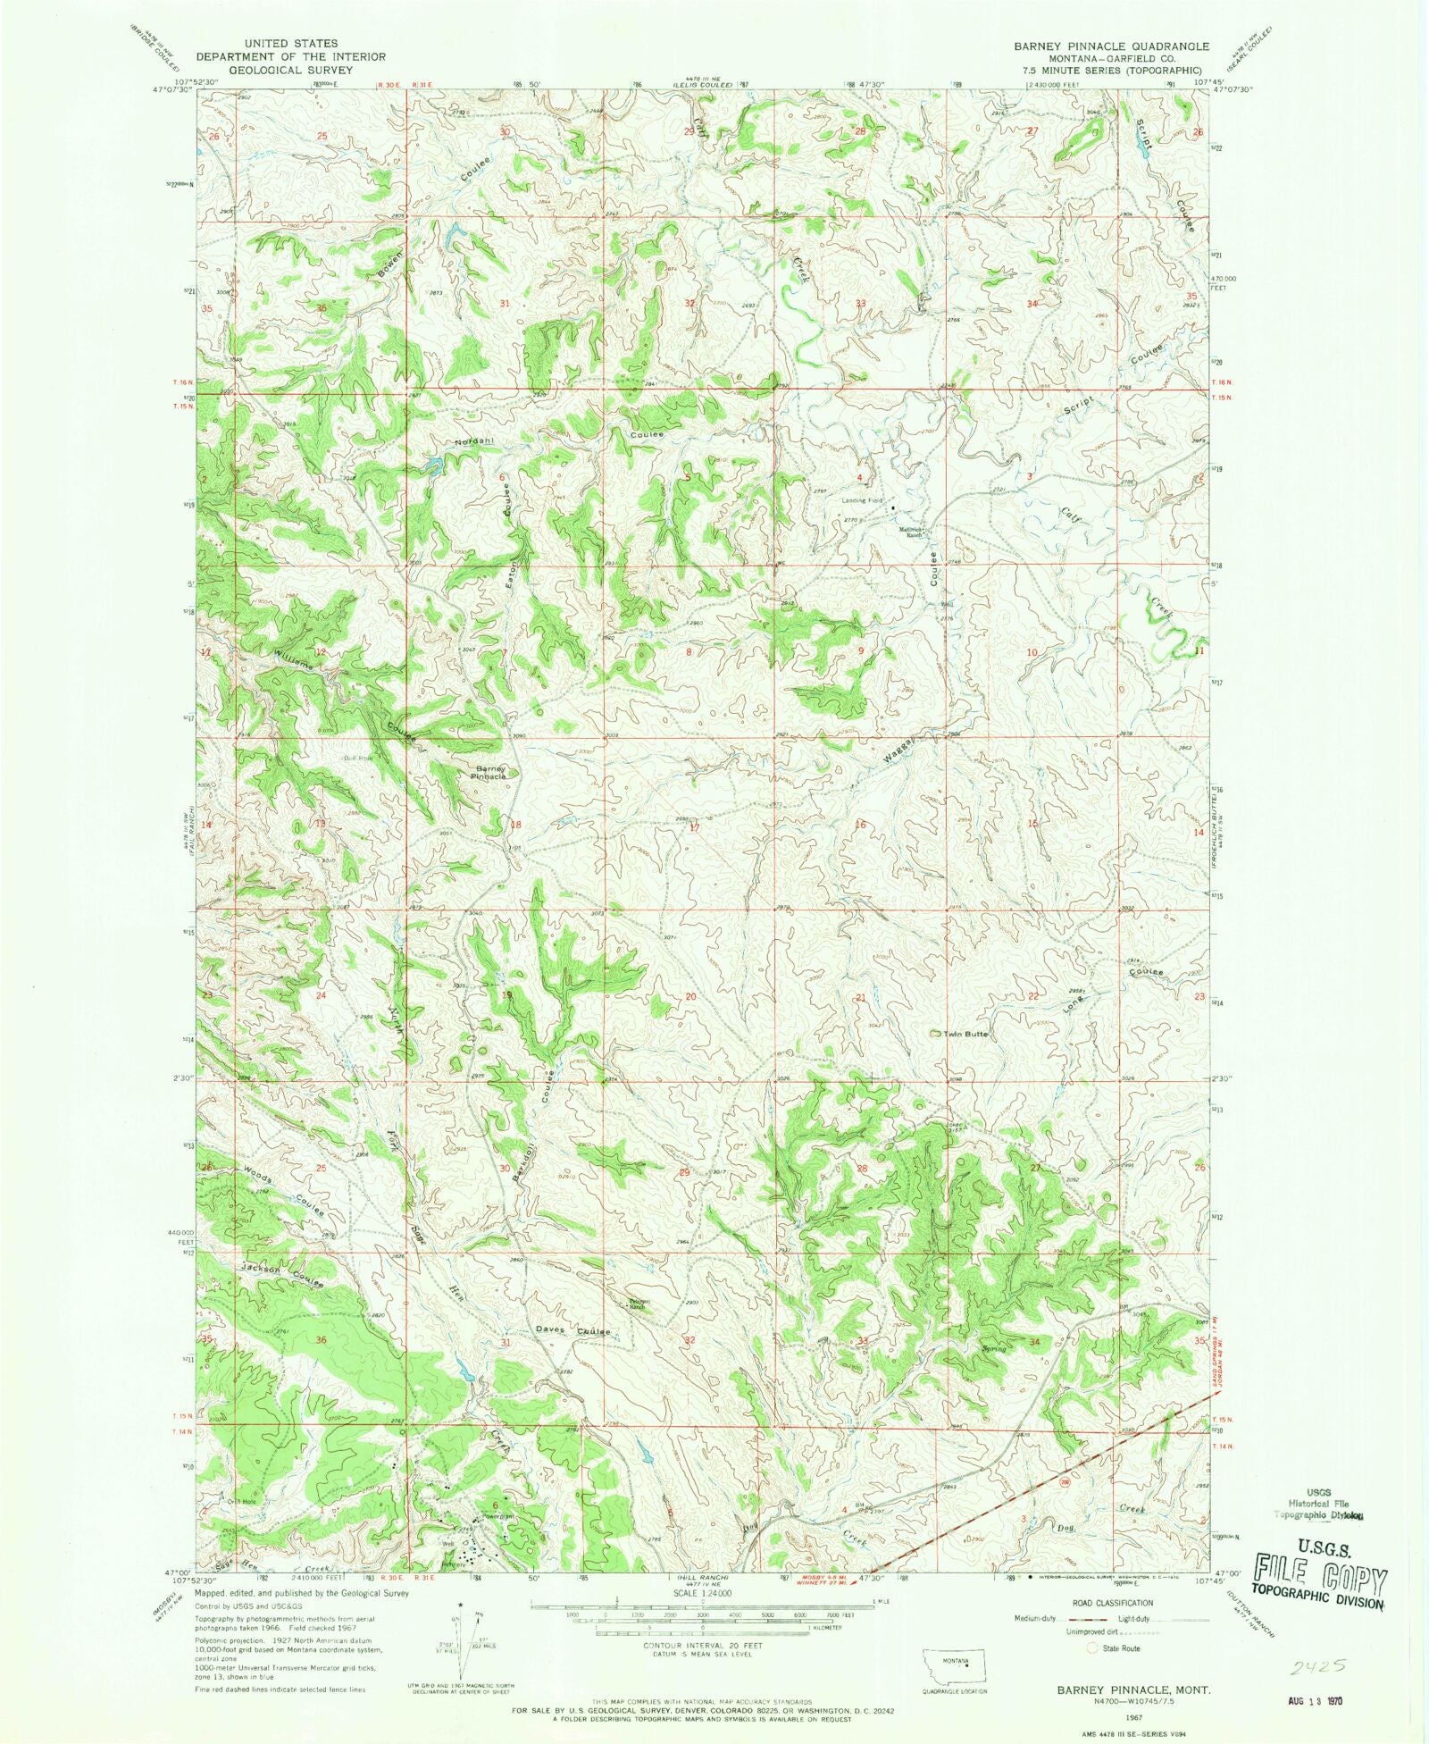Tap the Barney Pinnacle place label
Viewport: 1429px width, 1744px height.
pos(489,772)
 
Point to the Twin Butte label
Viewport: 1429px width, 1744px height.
pos(963,1034)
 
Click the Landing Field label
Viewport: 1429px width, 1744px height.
pos(862,500)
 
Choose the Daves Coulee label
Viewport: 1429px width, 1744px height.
pos(572,1332)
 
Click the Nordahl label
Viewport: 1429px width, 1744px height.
pos(473,441)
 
